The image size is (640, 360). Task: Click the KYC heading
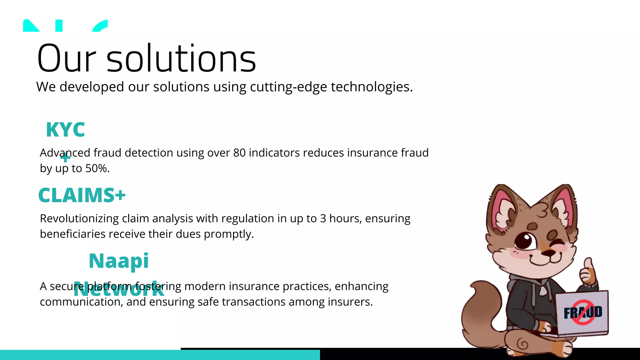(x=65, y=130)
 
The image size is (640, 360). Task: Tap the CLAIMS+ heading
(x=82, y=196)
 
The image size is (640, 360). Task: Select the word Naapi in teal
(x=119, y=261)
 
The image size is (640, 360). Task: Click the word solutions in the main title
(x=181, y=59)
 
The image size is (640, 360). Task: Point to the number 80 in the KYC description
(x=239, y=153)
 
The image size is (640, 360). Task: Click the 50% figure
(x=97, y=168)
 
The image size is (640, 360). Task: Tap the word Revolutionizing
(x=79, y=218)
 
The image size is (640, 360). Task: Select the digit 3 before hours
(x=323, y=218)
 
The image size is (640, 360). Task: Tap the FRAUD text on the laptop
(x=583, y=312)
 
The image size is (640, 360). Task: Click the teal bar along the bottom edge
(x=156, y=355)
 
